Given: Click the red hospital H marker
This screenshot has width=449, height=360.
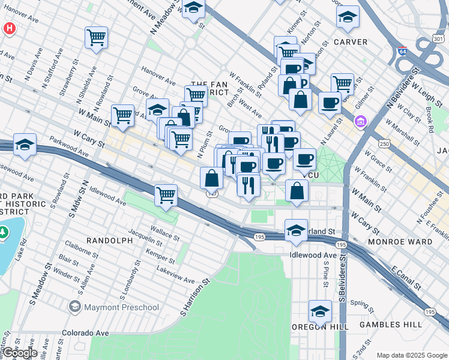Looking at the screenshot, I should [9, 28].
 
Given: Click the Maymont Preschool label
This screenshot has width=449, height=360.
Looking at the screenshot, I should [114, 308].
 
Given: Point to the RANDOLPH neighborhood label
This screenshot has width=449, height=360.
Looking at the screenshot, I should [109, 241].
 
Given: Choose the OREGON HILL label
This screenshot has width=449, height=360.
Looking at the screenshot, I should [321, 327].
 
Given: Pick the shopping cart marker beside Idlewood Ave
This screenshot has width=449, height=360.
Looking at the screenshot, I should [166, 194].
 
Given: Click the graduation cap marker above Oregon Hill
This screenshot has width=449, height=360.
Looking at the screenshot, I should [321, 311].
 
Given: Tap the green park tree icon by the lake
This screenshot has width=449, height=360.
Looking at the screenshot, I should [4, 232].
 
